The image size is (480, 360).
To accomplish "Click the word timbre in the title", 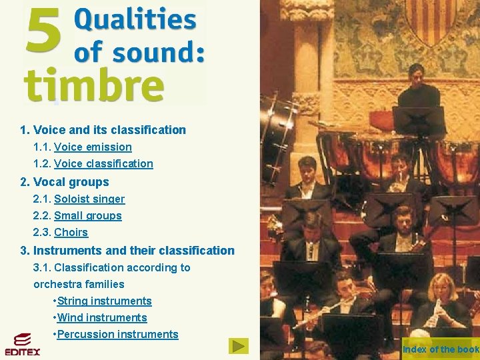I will pos(94,86).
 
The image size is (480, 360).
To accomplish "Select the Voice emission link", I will pos(93,147).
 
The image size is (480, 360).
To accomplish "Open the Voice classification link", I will pos(103,163).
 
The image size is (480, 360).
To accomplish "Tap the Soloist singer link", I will pos(89,199).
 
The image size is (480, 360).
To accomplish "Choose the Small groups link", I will pos(88,215).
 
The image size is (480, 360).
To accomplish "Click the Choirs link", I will pos(71,232).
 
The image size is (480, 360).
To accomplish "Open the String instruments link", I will pos(105,301).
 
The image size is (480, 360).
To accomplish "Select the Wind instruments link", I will pos(102,317).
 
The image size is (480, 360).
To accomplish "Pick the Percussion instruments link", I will pos(118,334).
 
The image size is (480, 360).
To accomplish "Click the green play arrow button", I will pos(238,346).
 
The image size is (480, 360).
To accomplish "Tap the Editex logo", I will pos(23,344).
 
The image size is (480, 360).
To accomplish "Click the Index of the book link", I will pos(441,349).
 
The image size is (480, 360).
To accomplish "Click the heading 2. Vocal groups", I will pos(64,182).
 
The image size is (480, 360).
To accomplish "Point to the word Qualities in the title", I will pos(135,20).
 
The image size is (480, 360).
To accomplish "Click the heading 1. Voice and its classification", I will pos(103,130).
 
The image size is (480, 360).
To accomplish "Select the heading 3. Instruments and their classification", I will pos(127,251).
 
